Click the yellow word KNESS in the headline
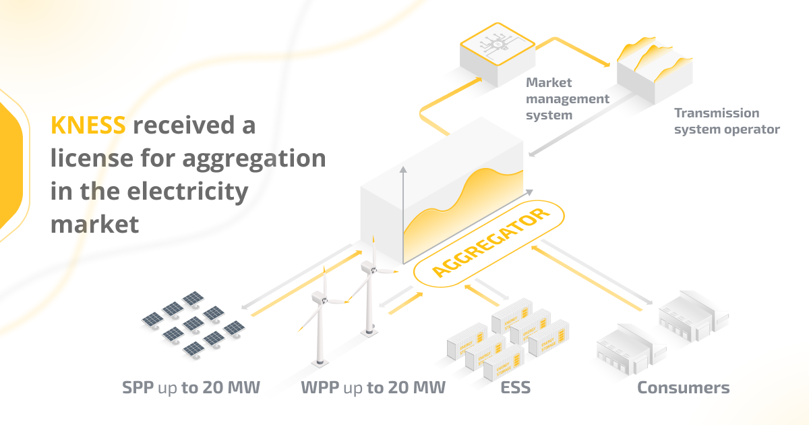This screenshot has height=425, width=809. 88,125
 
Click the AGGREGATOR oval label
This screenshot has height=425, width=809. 489,244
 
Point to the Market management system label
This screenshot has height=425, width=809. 567,98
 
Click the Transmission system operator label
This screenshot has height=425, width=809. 726,121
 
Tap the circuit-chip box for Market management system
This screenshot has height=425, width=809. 498,54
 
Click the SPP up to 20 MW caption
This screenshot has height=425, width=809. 191,388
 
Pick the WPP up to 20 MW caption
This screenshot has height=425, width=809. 373,388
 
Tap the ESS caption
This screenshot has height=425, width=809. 516,388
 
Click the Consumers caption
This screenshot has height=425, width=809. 683,388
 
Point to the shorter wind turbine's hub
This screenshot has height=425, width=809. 322,297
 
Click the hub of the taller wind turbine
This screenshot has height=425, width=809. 369,268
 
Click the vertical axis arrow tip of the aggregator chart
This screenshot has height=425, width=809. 403,169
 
